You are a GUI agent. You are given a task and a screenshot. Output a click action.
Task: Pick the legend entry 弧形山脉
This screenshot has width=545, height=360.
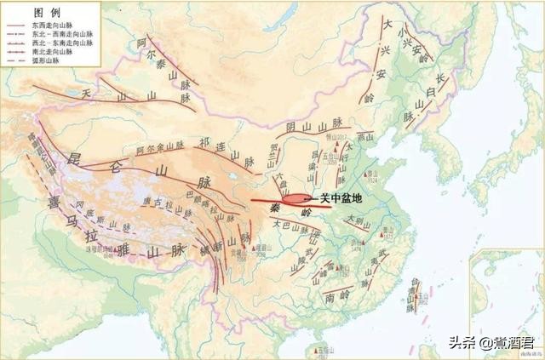[x=47, y=61]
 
